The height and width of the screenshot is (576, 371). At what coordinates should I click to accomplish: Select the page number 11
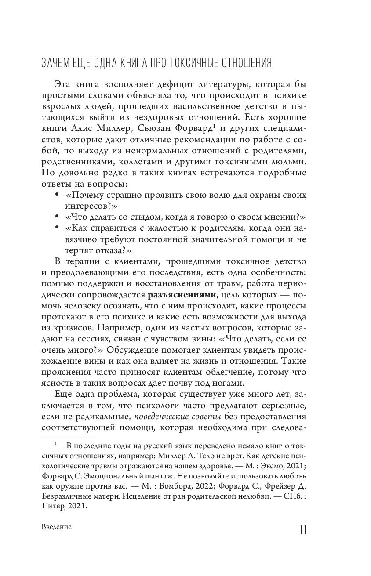pos(302,529)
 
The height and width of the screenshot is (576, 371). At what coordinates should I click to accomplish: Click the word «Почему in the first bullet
pos(82,195)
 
